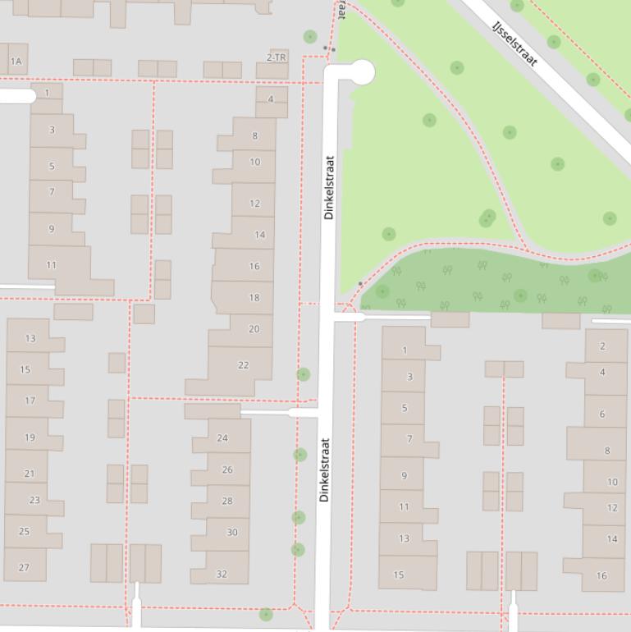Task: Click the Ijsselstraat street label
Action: [514, 44]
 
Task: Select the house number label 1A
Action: [16, 62]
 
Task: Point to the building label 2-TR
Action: [277, 57]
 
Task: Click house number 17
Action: [30, 401]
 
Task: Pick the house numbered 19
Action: [30, 437]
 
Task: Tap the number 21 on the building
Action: [30, 474]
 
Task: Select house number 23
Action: [34, 500]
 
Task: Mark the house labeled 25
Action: [24, 531]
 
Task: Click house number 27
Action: [24, 567]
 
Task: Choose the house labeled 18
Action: [254, 298]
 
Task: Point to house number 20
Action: [254, 329]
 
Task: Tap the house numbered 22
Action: [243, 365]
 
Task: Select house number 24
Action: [222, 437]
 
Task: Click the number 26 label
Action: [227, 470]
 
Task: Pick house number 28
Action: [227, 501]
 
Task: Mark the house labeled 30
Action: [232, 533]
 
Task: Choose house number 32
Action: [222, 574]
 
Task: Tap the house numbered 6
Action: [601, 414]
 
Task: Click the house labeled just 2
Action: [601, 346]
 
